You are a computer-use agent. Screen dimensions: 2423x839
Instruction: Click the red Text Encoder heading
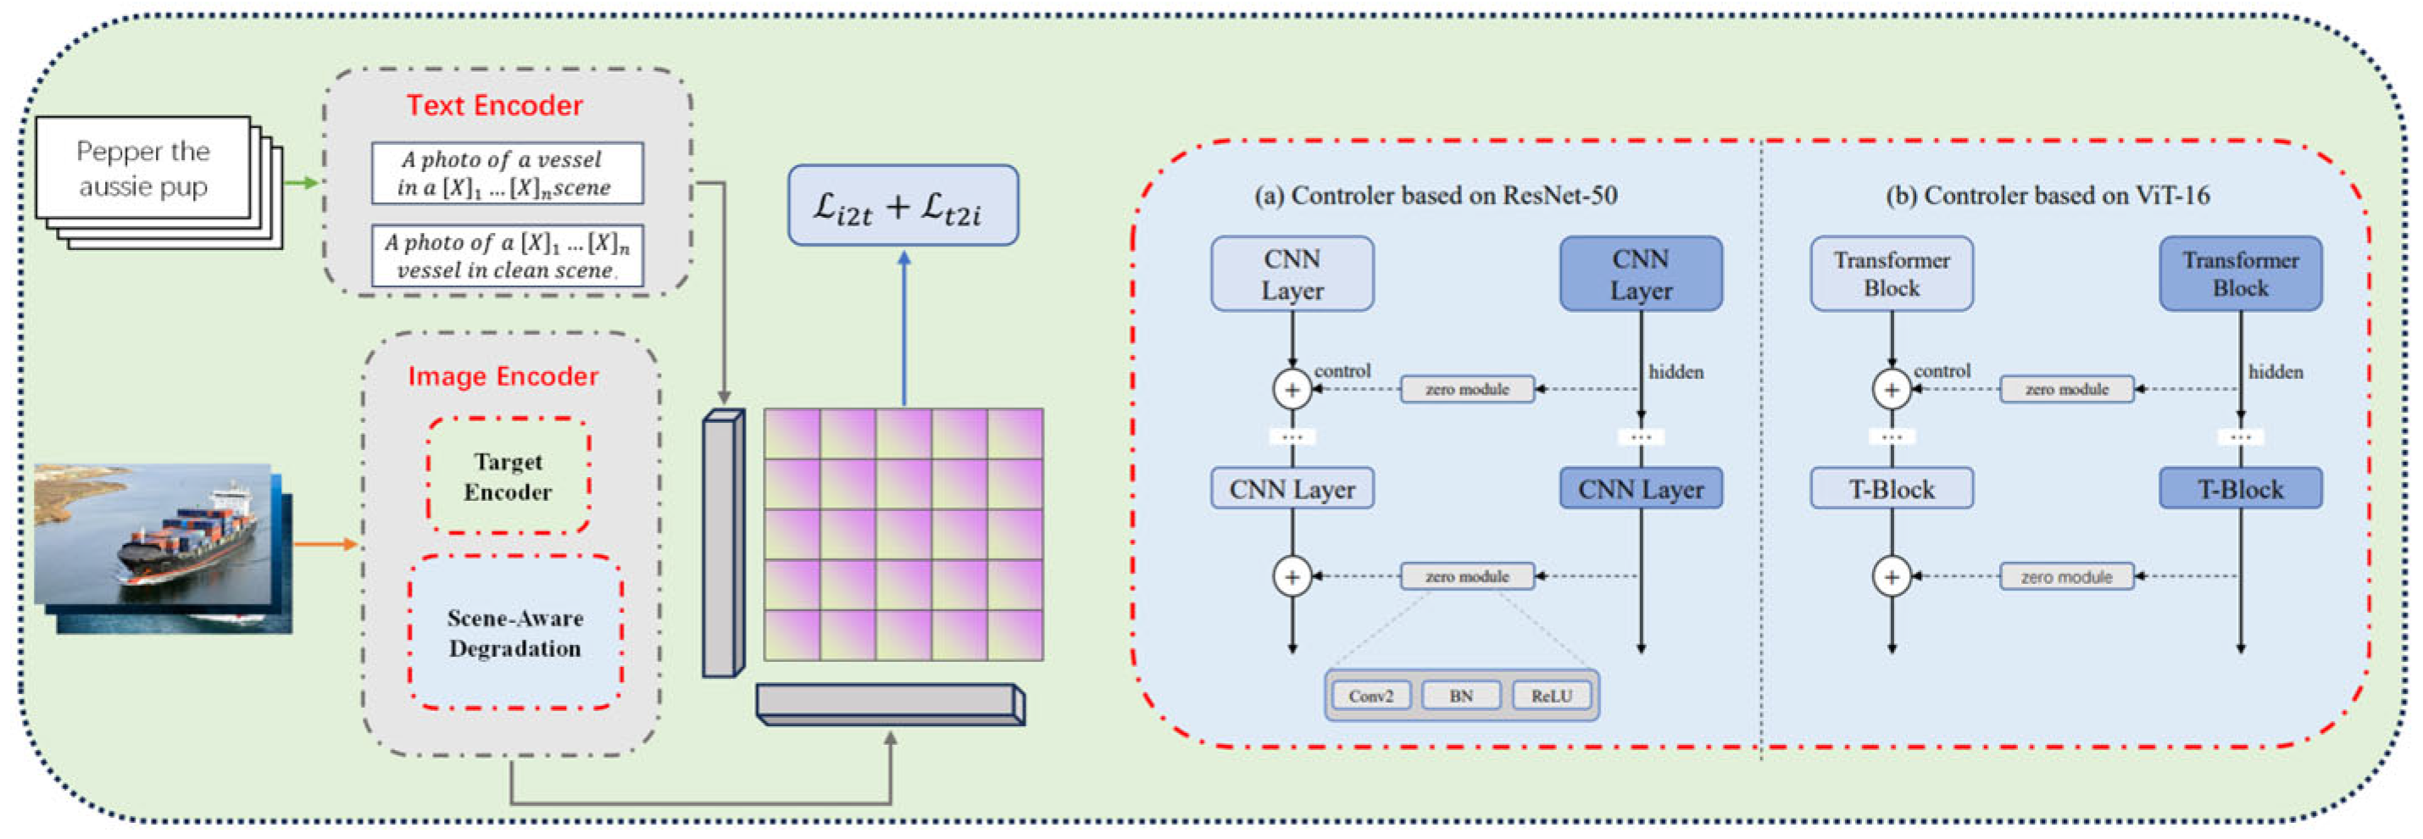[495, 105]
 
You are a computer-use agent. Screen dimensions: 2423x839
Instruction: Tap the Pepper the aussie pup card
[143, 169]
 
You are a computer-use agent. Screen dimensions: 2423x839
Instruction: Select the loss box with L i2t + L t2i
[903, 206]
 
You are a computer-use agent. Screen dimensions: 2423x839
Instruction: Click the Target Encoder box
[508, 476]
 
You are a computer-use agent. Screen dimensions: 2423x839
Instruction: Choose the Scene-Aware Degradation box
[514, 632]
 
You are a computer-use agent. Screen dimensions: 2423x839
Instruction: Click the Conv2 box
[1370, 696]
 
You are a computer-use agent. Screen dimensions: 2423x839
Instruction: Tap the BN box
[1461, 696]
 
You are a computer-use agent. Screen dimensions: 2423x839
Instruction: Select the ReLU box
[1551, 696]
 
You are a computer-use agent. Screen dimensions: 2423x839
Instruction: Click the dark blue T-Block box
[2241, 489]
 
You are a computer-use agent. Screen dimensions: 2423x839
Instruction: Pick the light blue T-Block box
[1892, 489]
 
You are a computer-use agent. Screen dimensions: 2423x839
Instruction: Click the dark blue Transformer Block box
[2241, 274]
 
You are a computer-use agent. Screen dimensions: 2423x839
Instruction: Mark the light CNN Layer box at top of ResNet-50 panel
[1292, 274]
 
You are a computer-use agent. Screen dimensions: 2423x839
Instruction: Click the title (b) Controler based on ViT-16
[2048, 195]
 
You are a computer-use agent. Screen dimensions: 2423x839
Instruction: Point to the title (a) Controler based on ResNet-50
[1436, 195]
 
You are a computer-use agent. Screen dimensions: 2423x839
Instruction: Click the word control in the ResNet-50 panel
[1342, 370]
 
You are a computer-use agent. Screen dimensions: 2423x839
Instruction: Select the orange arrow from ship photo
[325, 544]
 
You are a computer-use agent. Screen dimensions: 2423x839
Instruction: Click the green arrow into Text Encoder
[301, 182]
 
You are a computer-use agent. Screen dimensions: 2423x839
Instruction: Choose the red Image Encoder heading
[503, 376]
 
